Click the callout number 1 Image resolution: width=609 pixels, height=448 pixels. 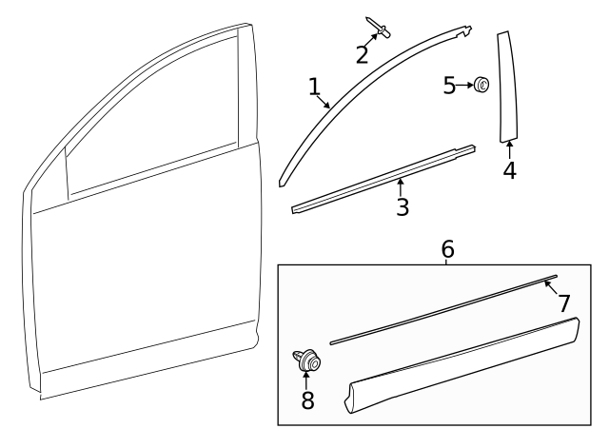[314, 87]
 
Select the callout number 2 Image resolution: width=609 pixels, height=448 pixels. [362, 54]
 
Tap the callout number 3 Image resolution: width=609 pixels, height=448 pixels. [403, 206]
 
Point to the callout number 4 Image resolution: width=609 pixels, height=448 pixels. [509, 172]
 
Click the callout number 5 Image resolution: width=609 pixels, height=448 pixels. [449, 86]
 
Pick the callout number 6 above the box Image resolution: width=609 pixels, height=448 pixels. [447, 249]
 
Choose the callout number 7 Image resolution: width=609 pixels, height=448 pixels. [563, 303]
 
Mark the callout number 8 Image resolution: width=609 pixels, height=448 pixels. [307, 400]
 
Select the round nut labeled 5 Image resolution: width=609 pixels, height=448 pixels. [482, 87]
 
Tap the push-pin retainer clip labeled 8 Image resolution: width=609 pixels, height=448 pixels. [307, 361]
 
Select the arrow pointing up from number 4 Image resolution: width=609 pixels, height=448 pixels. [509, 149]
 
